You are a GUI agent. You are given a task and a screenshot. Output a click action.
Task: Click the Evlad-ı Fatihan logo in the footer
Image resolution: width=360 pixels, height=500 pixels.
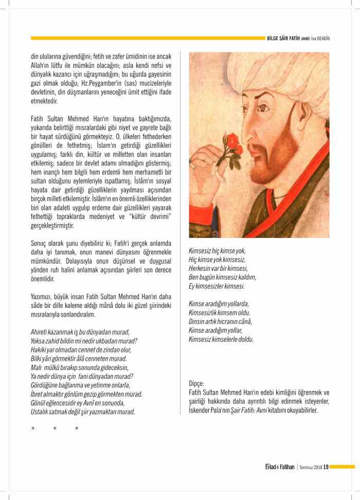coord(276,467)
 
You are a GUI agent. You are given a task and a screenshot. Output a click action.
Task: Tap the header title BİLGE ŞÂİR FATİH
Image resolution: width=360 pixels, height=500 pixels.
coord(284,38)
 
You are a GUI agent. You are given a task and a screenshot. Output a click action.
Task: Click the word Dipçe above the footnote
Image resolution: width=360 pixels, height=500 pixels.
coord(196,383)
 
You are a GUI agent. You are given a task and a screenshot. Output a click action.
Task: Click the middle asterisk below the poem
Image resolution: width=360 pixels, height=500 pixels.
coord(55,429)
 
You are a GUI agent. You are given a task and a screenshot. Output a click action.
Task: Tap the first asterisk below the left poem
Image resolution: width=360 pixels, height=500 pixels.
coord(32,429)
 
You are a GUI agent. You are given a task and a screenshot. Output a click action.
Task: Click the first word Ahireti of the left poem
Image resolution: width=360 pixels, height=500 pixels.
coord(40,331)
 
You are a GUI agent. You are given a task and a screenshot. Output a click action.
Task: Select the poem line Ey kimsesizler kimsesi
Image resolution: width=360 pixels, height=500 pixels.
coord(217,286)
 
